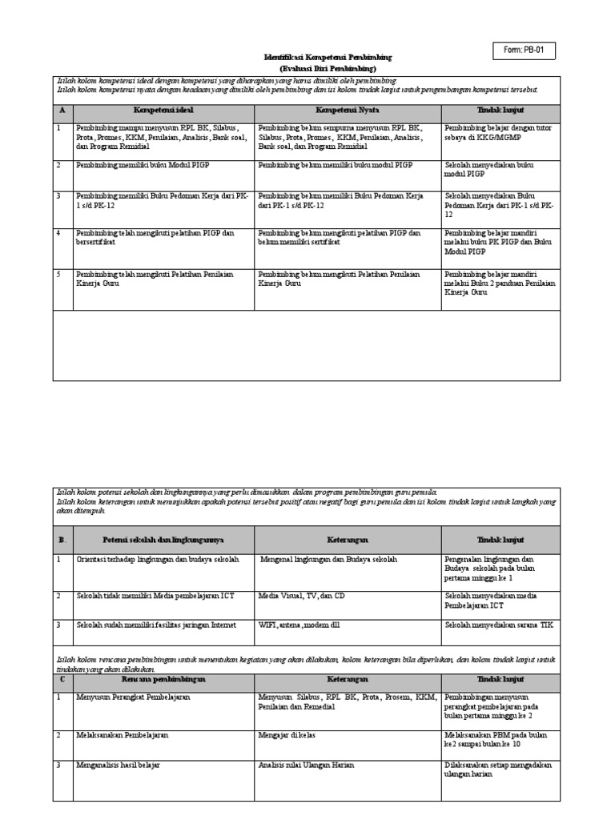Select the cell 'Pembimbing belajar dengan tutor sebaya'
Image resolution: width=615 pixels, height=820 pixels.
click(x=496, y=132)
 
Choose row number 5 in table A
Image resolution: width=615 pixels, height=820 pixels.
click(x=59, y=274)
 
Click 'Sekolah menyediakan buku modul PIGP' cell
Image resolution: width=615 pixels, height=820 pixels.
click(x=488, y=169)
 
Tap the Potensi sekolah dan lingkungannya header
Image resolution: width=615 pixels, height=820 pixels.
click(x=163, y=540)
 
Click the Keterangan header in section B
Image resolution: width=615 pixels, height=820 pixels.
click(x=347, y=540)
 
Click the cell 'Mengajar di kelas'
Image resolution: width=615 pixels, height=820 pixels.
click(x=288, y=734)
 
